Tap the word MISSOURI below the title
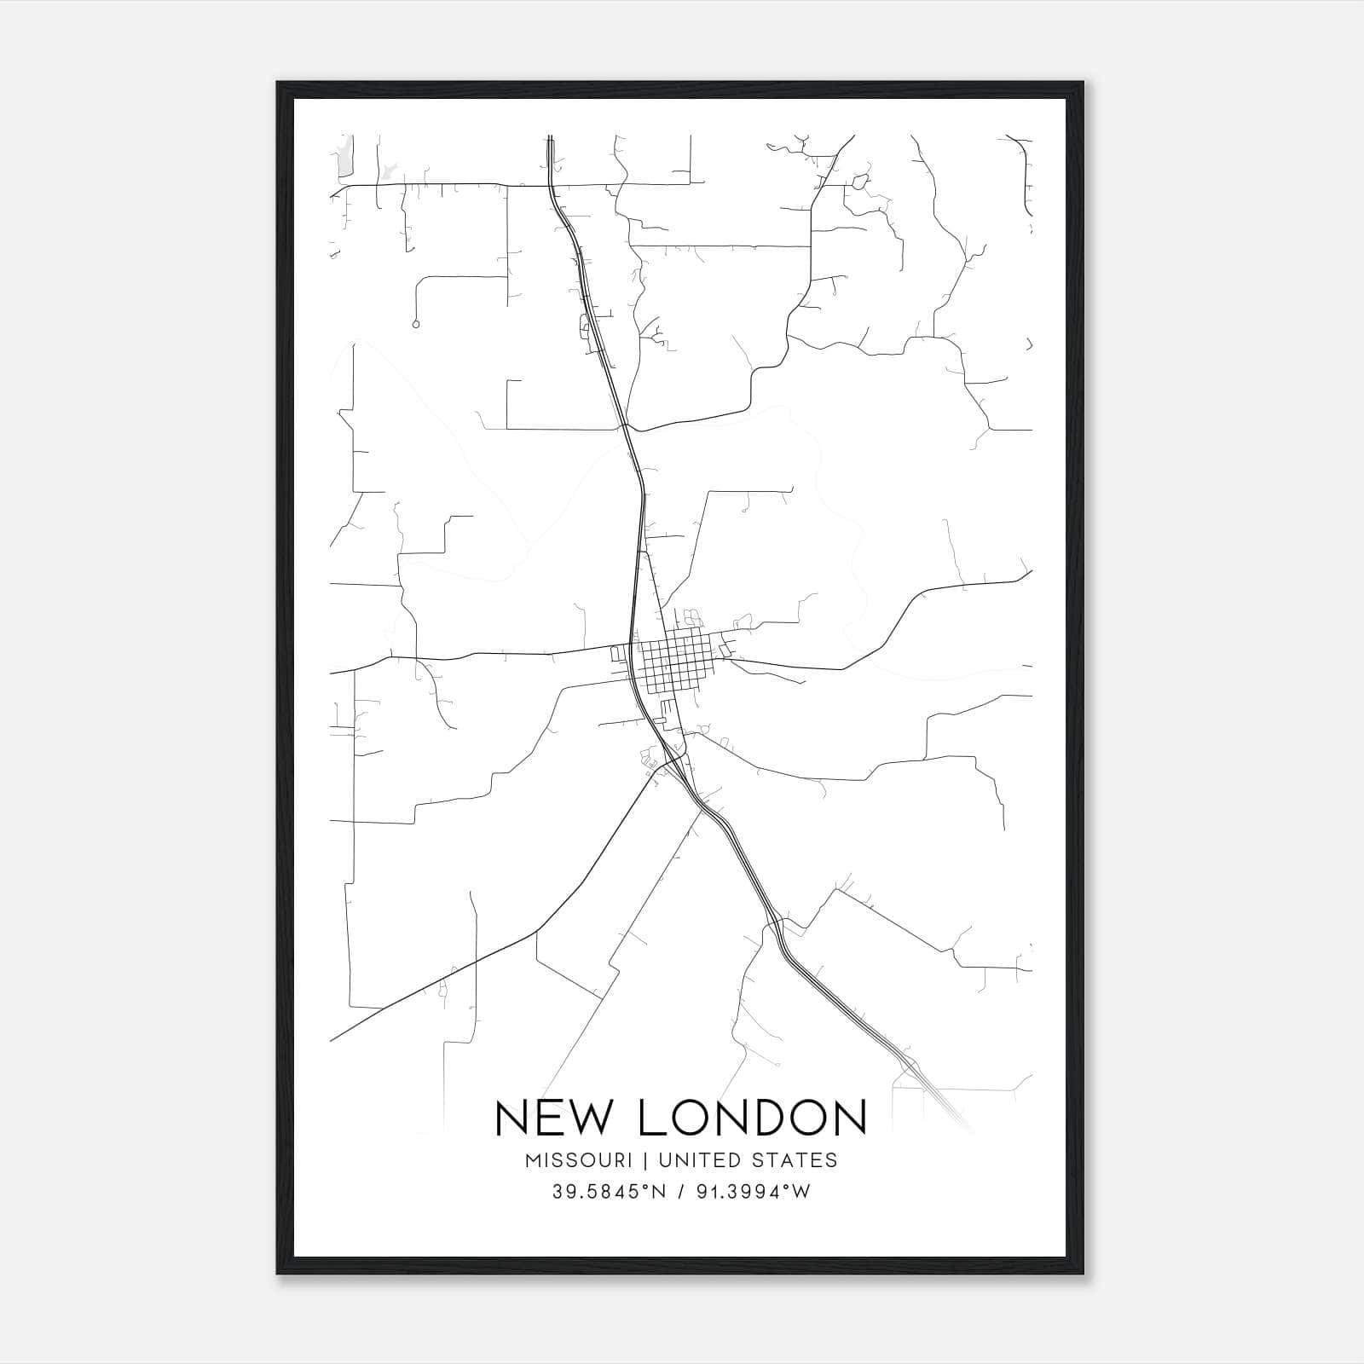click(579, 1160)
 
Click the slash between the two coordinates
click(682, 1193)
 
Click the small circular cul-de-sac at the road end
click(415, 324)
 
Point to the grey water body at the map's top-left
click(345, 158)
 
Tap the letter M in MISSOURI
click(535, 1160)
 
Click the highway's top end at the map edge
click(550, 138)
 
